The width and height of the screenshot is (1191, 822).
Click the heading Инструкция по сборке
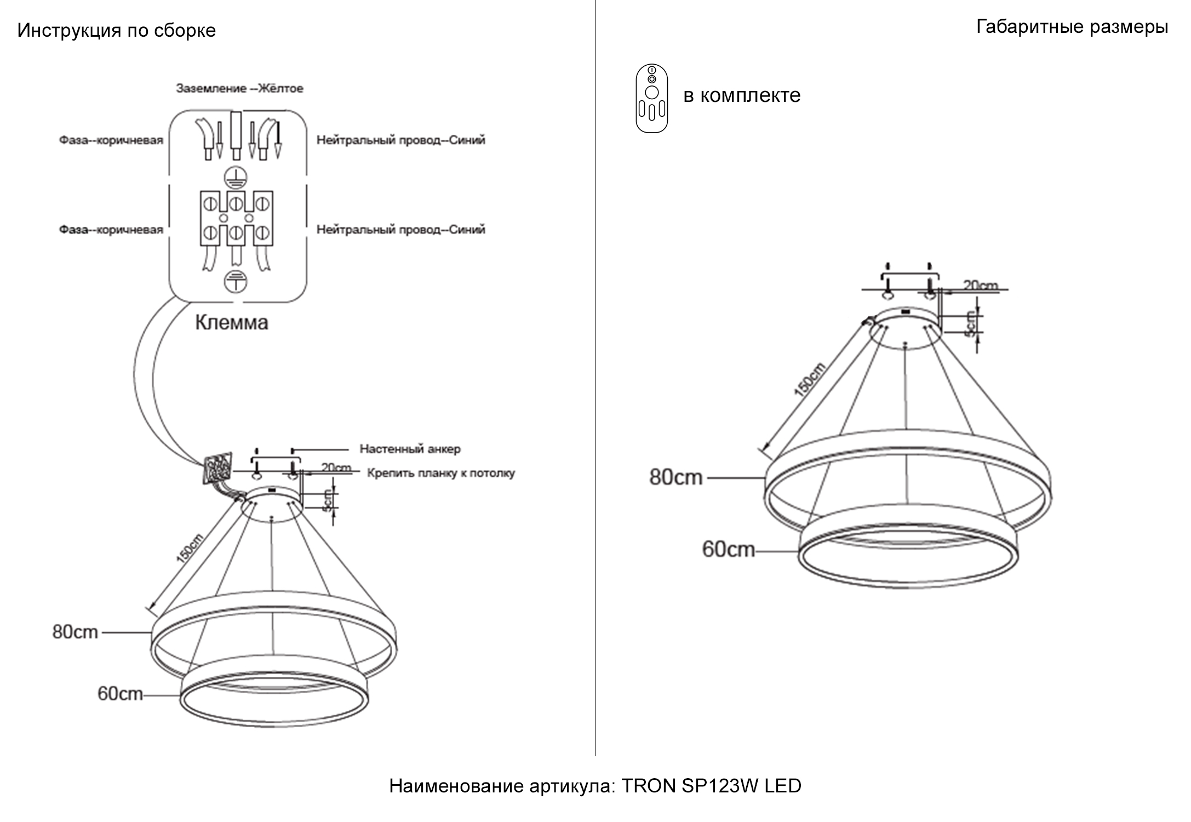pos(116,30)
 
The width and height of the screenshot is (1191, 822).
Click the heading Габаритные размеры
pos(1072,26)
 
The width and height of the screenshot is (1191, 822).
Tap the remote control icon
pos(651,99)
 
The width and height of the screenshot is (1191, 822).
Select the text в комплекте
pos(742,95)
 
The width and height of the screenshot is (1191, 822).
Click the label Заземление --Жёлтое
pos(239,88)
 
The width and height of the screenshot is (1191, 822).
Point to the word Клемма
pos(232,322)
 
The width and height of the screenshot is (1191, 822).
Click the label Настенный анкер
pos(410,449)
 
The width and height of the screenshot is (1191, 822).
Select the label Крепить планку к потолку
pos(440,473)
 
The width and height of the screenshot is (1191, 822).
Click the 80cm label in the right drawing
pos(675,477)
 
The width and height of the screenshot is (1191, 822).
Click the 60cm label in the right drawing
pos(728,549)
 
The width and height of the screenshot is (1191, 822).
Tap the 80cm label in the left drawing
pos(75,632)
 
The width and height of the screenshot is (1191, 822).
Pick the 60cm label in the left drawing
pos(120,694)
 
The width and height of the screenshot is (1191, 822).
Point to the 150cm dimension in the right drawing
pos(809,379)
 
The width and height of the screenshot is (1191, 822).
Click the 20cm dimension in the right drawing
pos(980,286)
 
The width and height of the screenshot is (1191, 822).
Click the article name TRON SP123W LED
pos(711,786)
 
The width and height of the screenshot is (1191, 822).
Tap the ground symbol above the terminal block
pos(236,177)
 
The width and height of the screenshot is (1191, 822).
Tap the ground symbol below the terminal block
pos(236,282)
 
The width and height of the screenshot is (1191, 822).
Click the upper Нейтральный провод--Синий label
pos(400,140)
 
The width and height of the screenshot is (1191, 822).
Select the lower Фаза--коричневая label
pos(111,230)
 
